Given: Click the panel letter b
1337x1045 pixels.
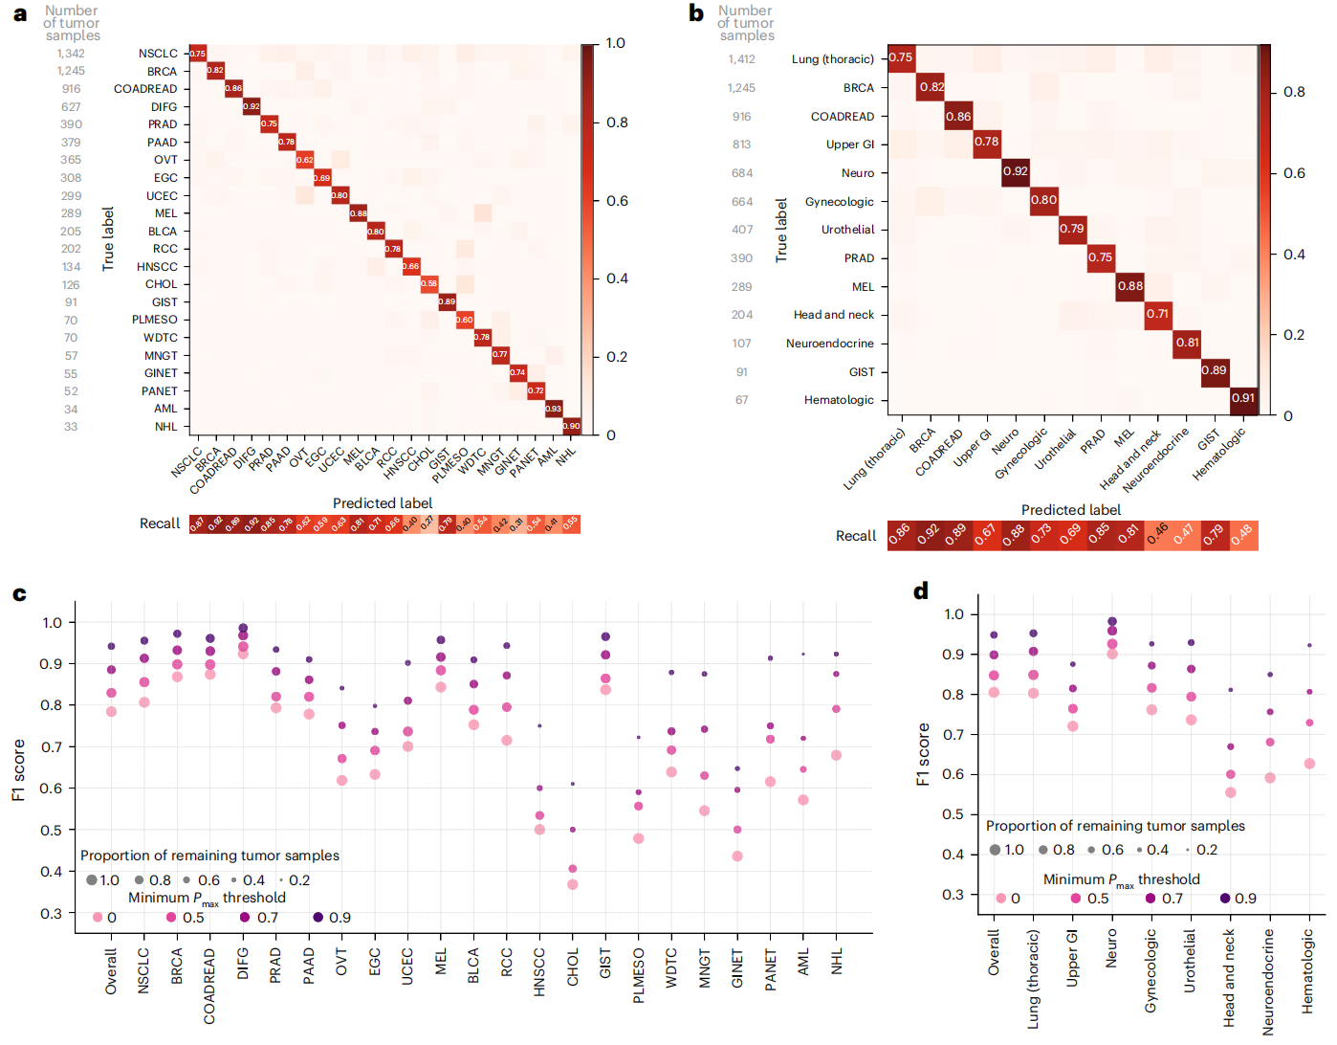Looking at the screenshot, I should [696, 13].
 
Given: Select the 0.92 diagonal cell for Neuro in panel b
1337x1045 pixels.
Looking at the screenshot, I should [1016, 172].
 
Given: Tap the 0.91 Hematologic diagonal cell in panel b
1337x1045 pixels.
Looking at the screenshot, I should [1243, 399].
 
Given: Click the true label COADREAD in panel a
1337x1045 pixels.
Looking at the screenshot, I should [145, 89].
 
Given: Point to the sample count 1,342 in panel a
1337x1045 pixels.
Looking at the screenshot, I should [71, 54].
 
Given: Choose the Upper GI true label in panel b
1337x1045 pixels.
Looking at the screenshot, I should [850, 145].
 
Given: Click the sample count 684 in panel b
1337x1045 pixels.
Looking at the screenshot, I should [742, 173].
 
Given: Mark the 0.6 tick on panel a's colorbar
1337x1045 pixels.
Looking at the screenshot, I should [617, 201].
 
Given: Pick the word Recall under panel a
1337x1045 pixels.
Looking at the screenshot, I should [160, 523].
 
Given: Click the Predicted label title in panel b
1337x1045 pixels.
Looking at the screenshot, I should [1071, 510].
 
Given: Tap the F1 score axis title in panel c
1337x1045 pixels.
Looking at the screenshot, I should [18, 769].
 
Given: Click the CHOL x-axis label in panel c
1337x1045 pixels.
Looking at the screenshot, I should [573, 967].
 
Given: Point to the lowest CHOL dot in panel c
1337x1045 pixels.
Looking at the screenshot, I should [573, 884].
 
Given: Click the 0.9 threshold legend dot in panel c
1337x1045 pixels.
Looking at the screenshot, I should [318, 917].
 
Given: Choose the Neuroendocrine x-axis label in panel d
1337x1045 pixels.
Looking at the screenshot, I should [1268, 981].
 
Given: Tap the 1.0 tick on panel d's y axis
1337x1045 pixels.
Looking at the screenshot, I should [953, 614].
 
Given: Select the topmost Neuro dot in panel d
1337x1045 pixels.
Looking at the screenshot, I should [1111, 621].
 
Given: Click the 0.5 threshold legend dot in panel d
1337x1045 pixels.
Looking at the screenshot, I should [1076, 898].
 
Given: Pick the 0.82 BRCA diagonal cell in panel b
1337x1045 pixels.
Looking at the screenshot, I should [931, 87].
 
